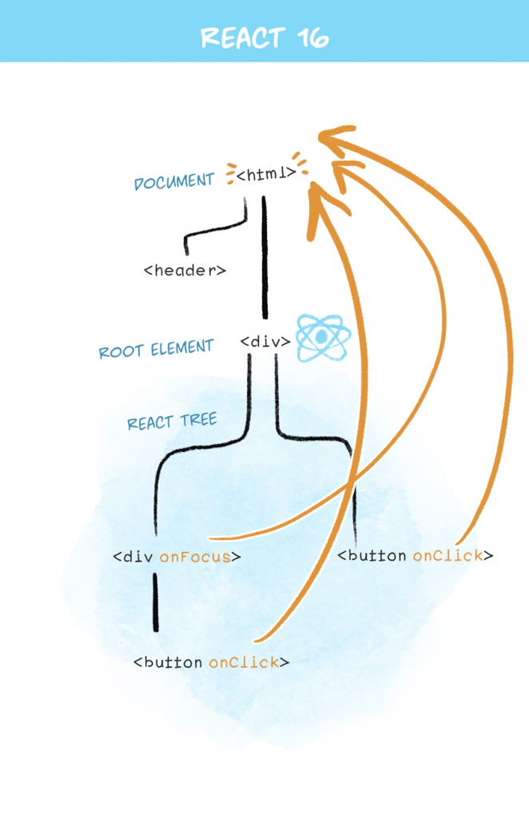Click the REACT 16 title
point(264,37)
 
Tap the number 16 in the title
point(311,37)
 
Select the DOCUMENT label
point(174,181)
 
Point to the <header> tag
point(185,270)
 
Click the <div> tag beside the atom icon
point(265,342)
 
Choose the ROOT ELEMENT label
point(157,350)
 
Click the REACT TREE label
point(172,421)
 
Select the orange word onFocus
point(195,557)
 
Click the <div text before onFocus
point(133,557)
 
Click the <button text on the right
point(372,555)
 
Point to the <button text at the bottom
point(169,662)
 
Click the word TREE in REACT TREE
point(199,419)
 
